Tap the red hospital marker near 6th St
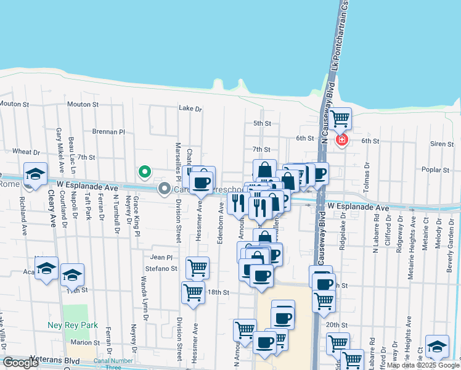pos(341,141)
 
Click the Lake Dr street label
pos(190,109)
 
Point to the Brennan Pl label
pos(108,131)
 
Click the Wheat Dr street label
pos(26,152)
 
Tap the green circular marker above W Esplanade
pos(144,171)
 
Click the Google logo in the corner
pos(21,363)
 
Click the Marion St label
pos(85,342)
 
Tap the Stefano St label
pos(161,269)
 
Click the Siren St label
pos(442,144)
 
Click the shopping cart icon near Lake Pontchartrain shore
pos(340,118)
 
